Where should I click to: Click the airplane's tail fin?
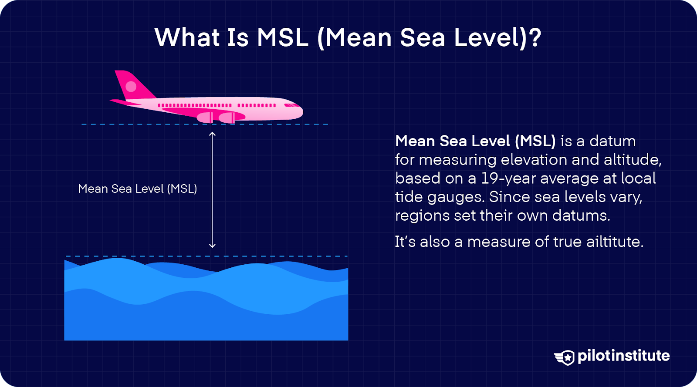point(131,85)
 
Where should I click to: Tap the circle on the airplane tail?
point(131,86)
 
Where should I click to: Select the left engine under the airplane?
point(205,117)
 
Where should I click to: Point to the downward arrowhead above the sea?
point(212,246)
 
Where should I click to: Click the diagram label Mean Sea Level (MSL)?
point(137,189)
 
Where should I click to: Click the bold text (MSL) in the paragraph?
point(535,141)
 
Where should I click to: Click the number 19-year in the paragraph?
point(508,178)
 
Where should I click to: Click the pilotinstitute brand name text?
point(623,356)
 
